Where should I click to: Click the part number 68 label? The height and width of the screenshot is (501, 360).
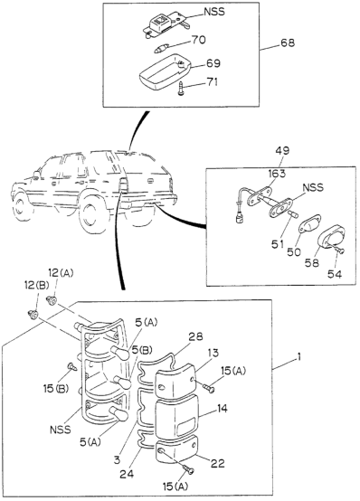pos(288,43)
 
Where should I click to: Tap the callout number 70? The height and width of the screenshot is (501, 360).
pos(198,40)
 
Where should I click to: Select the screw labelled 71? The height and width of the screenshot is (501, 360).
pos(182,89)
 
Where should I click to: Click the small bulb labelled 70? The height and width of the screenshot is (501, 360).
pos(160,50)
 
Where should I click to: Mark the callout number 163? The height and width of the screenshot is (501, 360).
pos(277,174)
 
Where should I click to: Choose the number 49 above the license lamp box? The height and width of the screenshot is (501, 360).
pos(281,150)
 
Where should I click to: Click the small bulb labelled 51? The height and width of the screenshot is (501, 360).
pos(293,214)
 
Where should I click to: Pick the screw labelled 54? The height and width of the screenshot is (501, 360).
pos(340,250)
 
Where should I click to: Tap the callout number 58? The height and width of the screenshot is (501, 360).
pos(311,263)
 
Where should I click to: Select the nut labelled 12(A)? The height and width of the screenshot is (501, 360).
pos(52,300)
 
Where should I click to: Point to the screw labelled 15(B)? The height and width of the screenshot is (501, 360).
pos(71,366)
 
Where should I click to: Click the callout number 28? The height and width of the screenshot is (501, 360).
pos(195,336)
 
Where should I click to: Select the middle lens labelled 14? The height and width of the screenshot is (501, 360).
pos(176,417)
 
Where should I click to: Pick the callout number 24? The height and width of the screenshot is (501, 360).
pos(128,474)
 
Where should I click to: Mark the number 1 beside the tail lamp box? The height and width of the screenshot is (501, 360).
pos(298,357)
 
